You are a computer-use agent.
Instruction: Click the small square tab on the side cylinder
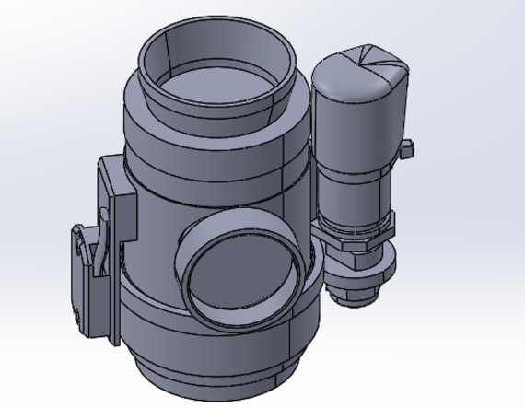pyautogui.click(x=405, y=147)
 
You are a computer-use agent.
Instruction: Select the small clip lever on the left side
pyautogui.click(x=83, y=253)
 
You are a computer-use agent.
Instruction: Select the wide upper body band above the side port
pyautogui.click(x=212, y=184)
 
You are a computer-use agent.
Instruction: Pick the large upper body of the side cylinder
pyautogui.click(x=355, y=129)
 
